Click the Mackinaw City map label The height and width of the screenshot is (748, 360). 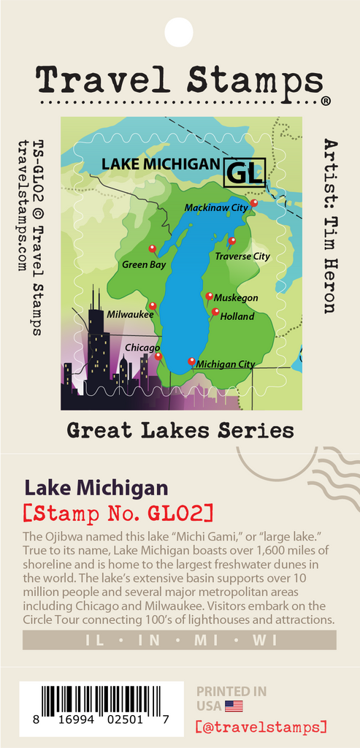(216, 208)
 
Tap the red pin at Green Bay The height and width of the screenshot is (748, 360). (152, 249)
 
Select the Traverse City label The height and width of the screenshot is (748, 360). (242, 256)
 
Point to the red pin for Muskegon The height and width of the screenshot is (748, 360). (209, 297)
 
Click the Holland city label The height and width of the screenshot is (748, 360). (237, 317)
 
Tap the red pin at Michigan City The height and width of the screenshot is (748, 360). (191, 361)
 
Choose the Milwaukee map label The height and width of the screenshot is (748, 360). (130, 314)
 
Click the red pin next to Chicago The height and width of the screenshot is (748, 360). (158, 356)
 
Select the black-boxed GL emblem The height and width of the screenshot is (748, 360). (245, 172)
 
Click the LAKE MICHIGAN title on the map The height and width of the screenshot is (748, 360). (161, 164)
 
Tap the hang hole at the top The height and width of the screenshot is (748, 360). (179, 31)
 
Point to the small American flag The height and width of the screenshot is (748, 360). (234, 706)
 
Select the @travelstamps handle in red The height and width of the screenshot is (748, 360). (261, 727)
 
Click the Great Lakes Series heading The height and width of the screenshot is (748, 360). (180, 430)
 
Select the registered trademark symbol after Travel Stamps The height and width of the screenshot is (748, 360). (326, 101)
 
